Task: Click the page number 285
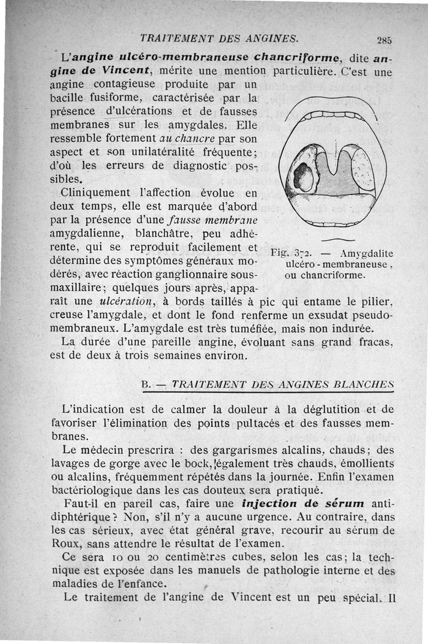click(x=384, y=39)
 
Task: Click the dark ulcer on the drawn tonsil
click(x=303, y=178)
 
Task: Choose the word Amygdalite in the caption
click(x=366, y=253)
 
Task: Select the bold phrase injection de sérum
click(x=303, y=503)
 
